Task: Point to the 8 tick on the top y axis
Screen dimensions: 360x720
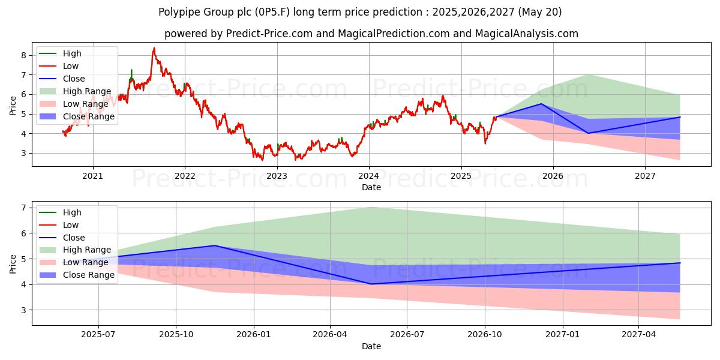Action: [23, 55]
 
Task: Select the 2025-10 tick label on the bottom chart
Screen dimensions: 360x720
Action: [176, 334]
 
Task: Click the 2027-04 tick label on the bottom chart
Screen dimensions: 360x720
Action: [639, 334]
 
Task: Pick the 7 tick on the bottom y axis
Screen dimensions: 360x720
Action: [23, 208]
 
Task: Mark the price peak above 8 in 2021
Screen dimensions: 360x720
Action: [154, 48]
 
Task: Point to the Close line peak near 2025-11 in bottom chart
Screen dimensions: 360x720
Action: [215, 245]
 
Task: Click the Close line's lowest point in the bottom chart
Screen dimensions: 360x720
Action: [371, 284]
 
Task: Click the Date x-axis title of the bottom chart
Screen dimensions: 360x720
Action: [371, 346]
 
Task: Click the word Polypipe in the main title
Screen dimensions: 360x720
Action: [179, 12]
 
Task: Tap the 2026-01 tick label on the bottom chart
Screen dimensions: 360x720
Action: [254, 334]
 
